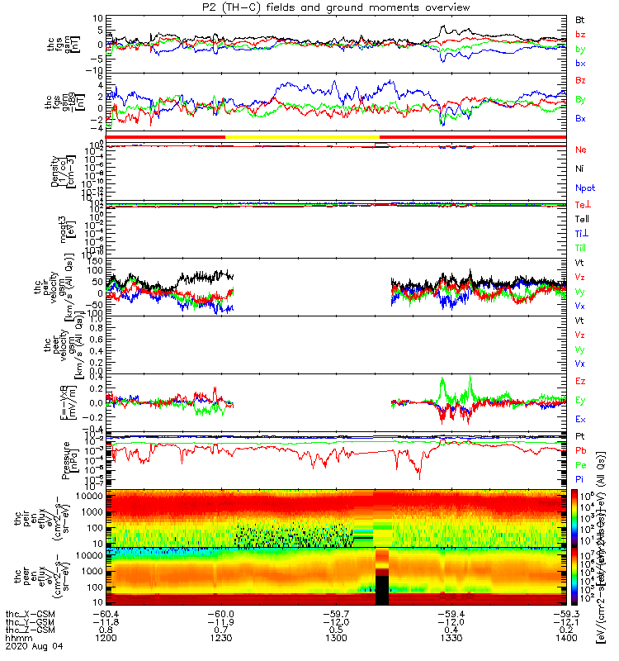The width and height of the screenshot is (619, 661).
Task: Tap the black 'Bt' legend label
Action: pyautogui.click(x=581, y=18)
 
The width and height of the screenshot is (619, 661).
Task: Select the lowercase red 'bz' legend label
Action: pyautogui.click(x=581, y=34)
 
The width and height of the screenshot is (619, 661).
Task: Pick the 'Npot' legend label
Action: pyautogui.click(x=584, y=189)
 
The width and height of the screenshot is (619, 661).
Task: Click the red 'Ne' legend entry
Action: pyautogui.click(x=581, y=150)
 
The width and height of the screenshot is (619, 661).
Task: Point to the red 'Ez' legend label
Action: pyautogui.click(x=581, y=381)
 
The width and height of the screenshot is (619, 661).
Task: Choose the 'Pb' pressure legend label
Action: pyautogui.click(x=581, y=450)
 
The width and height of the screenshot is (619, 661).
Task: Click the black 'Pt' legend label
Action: pyautogui.click(x=581, y=435)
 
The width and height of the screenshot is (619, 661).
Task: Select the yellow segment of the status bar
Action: pyautogui.click(x=301, y=136)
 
